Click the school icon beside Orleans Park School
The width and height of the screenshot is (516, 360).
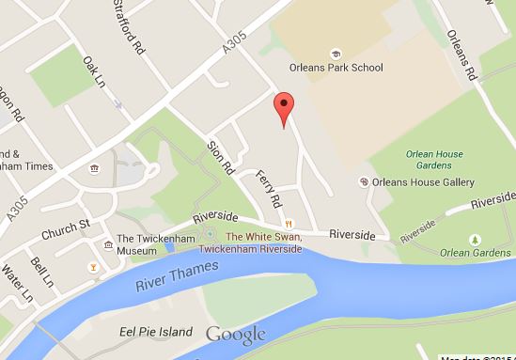tap(335, 54)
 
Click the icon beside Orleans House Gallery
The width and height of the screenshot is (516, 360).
tap(364, 181)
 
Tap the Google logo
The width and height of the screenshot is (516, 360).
tap(235, 334)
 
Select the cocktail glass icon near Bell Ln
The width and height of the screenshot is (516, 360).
tap(92, 269)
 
